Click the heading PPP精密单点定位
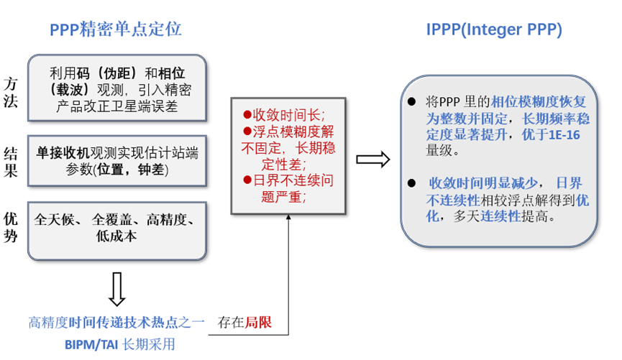pos(115,29)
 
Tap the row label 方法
pos(12,91)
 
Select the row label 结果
pos(12,162)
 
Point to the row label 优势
pos(12,227)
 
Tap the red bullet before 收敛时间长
pos(247,115)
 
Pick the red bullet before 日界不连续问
pos(247,180)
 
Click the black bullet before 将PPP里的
pos(411,101)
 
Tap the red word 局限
pos(260,322)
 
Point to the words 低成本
pos(116,235)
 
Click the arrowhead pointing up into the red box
pos(288,220)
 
